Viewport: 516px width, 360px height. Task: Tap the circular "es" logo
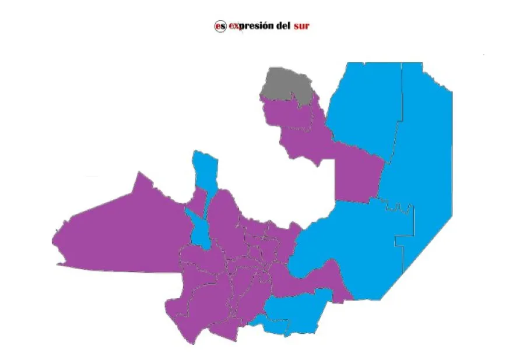(x=220, y=26)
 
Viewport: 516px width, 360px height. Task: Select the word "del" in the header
(x=282, y=26)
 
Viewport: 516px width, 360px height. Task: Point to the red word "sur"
(x=301, y=26)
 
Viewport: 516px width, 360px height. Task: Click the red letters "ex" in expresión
(x=233, y=26)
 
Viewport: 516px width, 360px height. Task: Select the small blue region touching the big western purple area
(x=199, y=227)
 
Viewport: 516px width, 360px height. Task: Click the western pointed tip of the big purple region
(x=54, y=239)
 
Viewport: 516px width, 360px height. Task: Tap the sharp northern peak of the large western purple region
(x=139, y=173)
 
